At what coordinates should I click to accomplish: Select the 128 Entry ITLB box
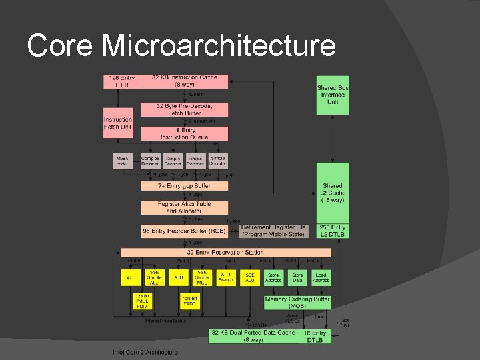coord(121,81)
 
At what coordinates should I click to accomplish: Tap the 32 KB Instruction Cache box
coord(184,81)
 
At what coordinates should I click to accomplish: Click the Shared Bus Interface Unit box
coord(332,95)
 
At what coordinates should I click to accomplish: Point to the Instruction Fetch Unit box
coord(118,123)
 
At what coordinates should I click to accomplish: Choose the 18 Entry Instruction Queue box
coord(184,133)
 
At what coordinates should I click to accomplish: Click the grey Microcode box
coord(122,161)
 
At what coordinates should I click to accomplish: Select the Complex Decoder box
coord(151,161)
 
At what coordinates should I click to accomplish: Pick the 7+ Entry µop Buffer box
coord(184,185)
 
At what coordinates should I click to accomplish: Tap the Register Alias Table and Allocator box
coord(184,207)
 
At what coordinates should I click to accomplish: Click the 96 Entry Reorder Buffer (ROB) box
coord(184,231)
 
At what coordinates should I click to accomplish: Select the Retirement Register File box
coord(273,231)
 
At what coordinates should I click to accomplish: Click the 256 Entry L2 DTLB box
coord(332,231)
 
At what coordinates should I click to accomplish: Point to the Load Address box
coord(321,277)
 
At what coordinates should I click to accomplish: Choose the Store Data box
coord(297,277)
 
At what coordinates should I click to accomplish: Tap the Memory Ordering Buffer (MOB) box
coord(297,302)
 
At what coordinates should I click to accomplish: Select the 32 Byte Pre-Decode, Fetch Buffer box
coord(184,109)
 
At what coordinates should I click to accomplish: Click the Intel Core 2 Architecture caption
coord(145,352)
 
